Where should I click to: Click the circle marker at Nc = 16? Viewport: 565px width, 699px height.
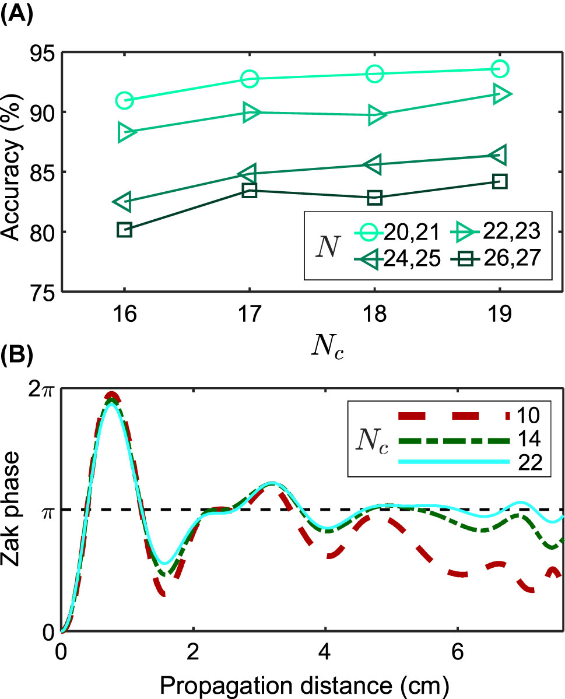point(124,100)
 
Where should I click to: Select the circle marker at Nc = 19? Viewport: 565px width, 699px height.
point(500,69)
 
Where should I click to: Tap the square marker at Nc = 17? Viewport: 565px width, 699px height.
point(250,191)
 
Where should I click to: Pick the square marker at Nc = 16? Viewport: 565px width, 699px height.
point(124,230)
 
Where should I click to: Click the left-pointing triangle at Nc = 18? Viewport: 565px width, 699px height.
point(374,164)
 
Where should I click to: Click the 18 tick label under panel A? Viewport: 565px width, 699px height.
point(374,315)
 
